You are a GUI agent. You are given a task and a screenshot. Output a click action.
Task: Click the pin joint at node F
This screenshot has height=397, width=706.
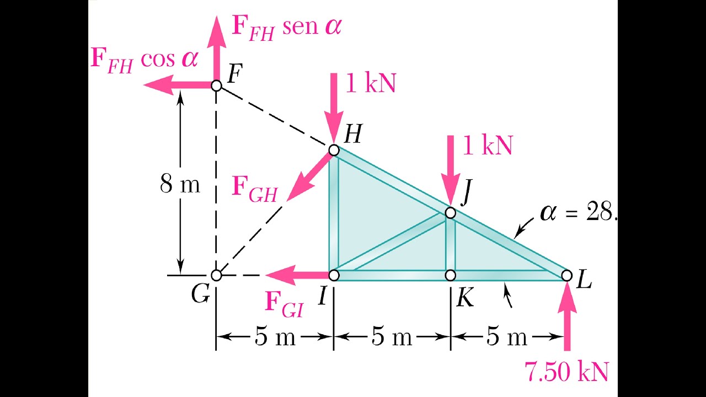[217, 85]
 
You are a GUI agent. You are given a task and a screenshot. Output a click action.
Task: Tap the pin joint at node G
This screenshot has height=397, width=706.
[217, 275]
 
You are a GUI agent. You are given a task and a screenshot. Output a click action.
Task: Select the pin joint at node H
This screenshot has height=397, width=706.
[334, 149]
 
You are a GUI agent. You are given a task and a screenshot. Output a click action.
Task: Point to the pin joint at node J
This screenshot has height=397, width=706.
[451, 212]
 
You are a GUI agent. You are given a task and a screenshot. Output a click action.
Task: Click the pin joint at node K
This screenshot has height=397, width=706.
[451, 275]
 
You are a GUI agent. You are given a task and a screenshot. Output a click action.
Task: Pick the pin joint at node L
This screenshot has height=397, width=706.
[567, 275]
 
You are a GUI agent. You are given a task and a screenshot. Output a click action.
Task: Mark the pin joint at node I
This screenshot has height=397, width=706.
[334, 275]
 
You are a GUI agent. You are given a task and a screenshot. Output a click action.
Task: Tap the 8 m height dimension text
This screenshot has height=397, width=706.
[180, 185]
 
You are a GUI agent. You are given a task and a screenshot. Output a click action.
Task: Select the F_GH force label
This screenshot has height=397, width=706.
[254, 189]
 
